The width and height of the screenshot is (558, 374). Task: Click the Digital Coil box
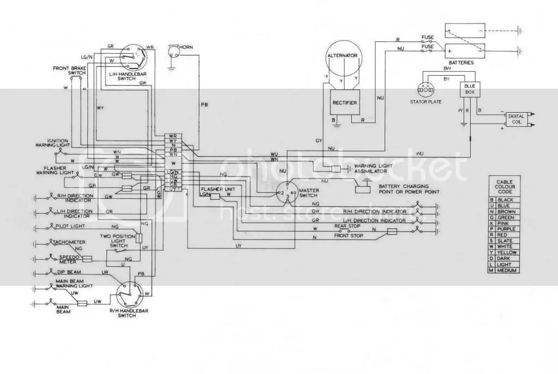point(516,119)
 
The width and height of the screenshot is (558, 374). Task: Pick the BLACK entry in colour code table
point(506,200)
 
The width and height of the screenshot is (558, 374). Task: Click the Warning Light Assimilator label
point(379,168)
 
